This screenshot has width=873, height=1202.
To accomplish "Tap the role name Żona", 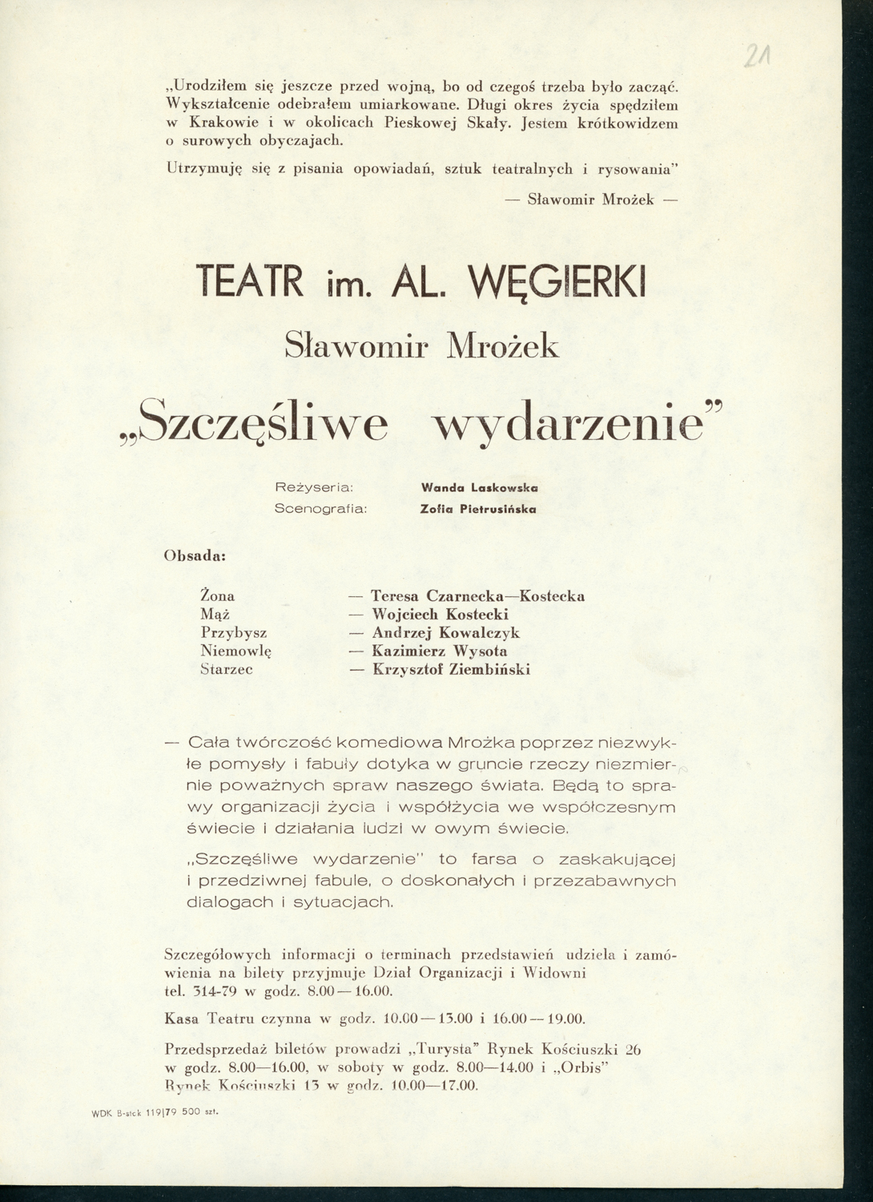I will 217,596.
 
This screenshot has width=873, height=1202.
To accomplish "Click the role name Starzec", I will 226,670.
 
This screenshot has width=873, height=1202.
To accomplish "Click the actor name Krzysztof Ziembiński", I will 452,670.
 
